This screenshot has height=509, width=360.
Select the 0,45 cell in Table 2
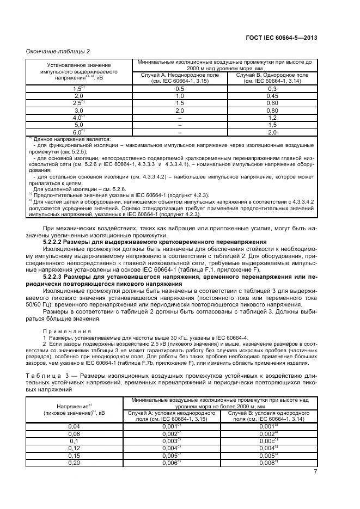(x=273, y=95)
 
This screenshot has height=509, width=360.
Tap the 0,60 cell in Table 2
(x=273, y=102)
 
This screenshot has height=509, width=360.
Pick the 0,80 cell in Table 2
(x=273, y=110)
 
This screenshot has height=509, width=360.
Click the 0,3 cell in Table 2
(x=273, y=88)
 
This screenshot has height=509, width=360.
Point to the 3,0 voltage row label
(x=78, y=110)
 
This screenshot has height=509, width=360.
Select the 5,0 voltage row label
(x=78, y=125)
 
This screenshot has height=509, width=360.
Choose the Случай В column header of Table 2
(x=273, y=77)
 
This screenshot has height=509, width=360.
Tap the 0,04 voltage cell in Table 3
(x=74, y=426)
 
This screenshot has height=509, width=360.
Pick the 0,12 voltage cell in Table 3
(x=74, y=448)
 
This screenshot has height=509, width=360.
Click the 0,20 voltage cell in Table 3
(x=74, y=462)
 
